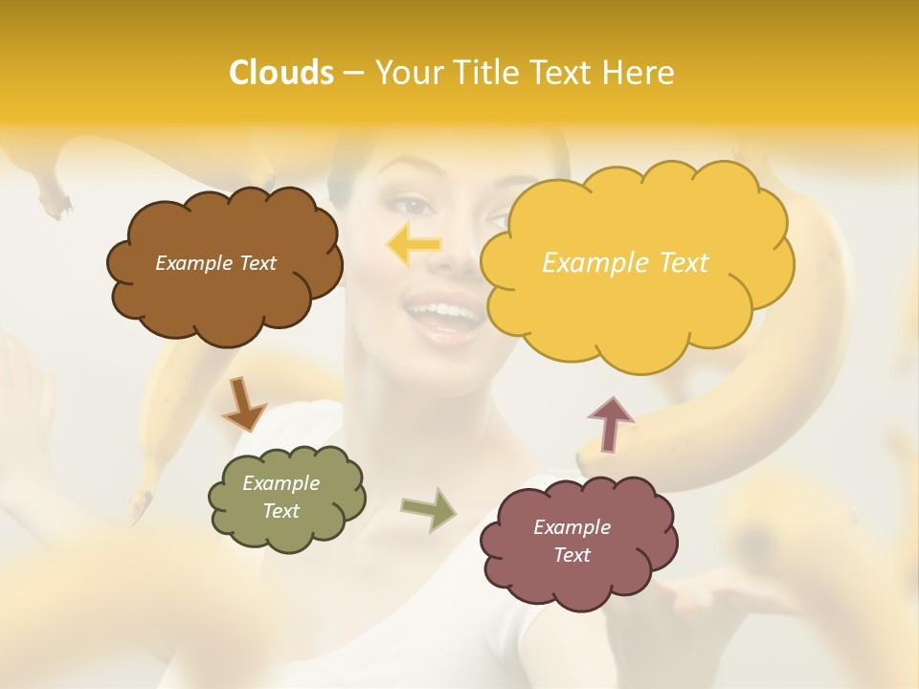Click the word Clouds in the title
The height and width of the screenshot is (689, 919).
[280, 73]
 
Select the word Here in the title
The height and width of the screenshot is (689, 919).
[641, 73]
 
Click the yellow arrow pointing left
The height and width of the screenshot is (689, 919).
[414, 245]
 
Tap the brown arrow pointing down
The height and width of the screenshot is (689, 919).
[242, 404]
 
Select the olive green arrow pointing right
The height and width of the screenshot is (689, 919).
[429, 509]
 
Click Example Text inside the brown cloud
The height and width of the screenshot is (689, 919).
[215, 263]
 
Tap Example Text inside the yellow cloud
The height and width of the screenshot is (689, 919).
[625, 263]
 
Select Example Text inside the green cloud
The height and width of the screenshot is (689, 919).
[281, 498]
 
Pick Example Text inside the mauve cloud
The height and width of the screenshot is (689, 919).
[572, 541]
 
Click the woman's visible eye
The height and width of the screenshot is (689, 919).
[415, 204]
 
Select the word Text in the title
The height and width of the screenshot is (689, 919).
[565, 73]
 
